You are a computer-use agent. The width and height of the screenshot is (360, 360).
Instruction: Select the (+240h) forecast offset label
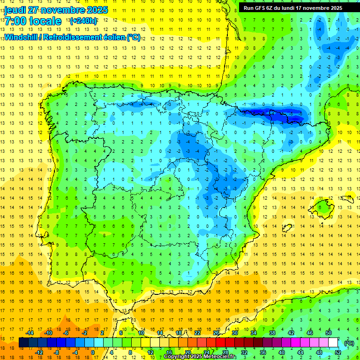click(83, 21)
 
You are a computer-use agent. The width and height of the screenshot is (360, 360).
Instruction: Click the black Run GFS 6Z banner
click(292, 8)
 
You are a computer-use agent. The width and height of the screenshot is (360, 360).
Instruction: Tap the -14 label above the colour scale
click(30, 333)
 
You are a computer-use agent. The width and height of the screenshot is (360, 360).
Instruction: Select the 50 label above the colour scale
click(329, 333)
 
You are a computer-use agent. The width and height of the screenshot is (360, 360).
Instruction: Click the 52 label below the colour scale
click(338, 352)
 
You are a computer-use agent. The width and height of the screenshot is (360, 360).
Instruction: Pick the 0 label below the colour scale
click(93, 352)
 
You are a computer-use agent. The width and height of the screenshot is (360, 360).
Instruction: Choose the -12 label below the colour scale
click(39, 352)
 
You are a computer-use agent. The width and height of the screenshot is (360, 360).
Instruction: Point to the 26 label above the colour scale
click(216, 333)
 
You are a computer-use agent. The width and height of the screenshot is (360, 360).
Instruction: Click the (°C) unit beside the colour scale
click(349, 343)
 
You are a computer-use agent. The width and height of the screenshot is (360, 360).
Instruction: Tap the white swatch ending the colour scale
click(333, 343)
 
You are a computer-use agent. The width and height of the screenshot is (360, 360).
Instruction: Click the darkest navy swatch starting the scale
click(23, 343)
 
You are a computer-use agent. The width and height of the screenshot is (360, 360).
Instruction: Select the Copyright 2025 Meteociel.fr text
click(200, 357)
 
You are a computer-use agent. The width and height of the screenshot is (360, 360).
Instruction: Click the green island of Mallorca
click(323, 207)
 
